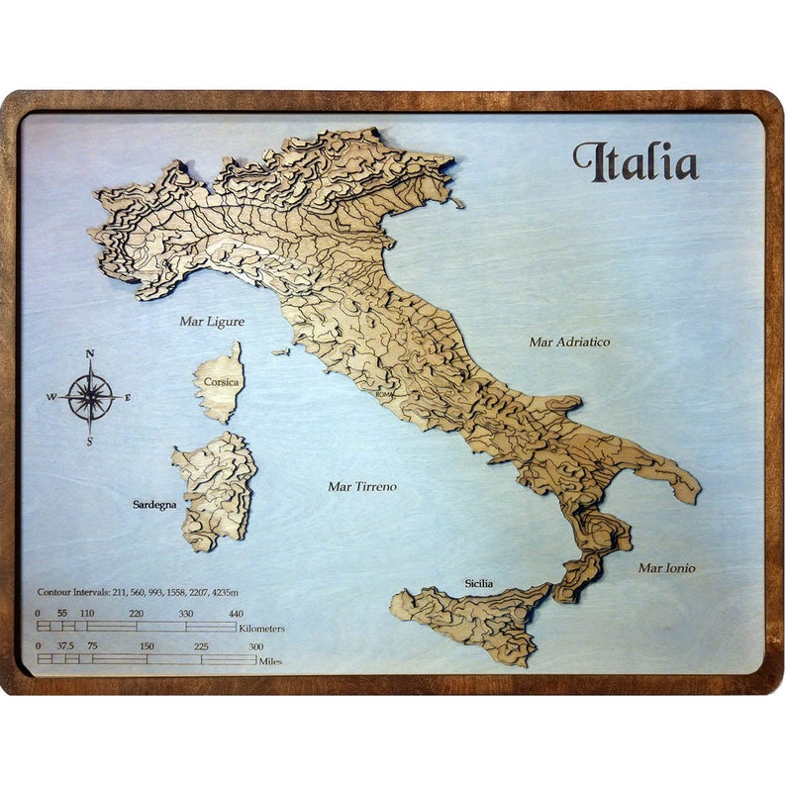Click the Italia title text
[x=636, y=162]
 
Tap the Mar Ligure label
[x=212, y=321]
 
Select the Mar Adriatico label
[x=569, y=342]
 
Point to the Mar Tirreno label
[x=362, y=486]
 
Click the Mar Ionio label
[x=666, y=568]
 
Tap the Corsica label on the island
[x=218, y=379]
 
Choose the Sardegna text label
[x=154, y=505]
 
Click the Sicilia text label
[x=479, y=584]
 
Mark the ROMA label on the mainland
[x=385, y=394]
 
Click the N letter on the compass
[x=90, y=353]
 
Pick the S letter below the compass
[x=90, y=442]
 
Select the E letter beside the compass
[x=128, y=397]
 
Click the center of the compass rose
[x=90, y=397]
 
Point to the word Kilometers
[x=262, y=629]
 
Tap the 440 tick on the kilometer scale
[x=236, y=614]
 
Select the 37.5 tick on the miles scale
[x=66, y=646]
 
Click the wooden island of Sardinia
[x=216, y=490]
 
